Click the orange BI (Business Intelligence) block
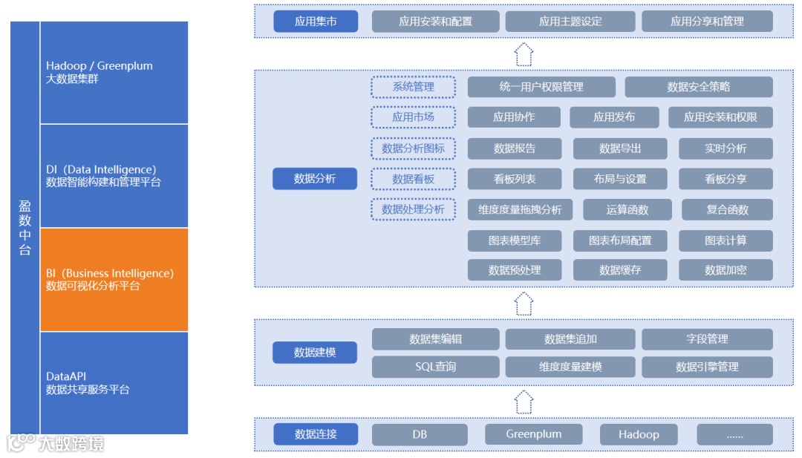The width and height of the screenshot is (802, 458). [114, 279]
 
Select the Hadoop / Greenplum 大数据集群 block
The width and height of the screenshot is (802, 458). [114, 72]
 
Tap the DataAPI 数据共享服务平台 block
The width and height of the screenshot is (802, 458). [114, 382]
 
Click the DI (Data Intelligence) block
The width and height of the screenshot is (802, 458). [114, 176]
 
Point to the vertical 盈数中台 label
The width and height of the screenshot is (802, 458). [25, 227]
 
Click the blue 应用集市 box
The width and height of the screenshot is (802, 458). [316, 22]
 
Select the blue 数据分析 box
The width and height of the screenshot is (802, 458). [315, 179]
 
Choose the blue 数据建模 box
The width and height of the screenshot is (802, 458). [315, 353]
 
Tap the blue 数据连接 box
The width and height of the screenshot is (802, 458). [316, 434]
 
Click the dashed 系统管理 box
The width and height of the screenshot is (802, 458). [413, 87]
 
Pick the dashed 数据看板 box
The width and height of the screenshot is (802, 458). [413, 179]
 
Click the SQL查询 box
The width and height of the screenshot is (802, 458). [435, 367]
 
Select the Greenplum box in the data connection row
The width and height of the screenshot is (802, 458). [533, 434]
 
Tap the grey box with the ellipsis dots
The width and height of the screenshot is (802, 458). [734, 435]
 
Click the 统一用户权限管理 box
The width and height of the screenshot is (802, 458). [541, 87]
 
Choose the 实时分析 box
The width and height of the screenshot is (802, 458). [726, 148]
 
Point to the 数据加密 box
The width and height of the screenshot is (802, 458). [726, 270]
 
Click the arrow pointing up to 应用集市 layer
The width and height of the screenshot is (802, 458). [524, 54]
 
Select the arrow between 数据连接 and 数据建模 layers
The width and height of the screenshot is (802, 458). [524, 402]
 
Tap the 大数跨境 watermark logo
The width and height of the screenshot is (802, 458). [56, 443]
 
